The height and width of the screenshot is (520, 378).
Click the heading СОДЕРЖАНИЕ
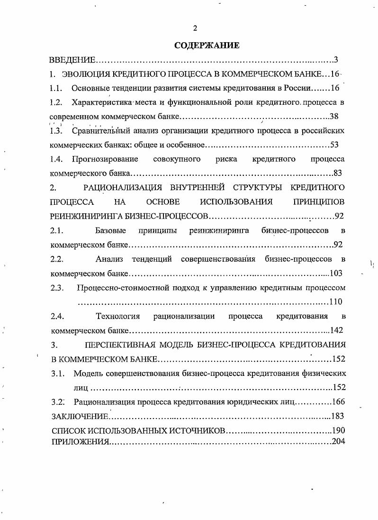(207, 46)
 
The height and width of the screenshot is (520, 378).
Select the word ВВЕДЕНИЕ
(73, 60)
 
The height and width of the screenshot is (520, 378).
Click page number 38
(333, 116)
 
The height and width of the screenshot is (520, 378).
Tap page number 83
(338, 173)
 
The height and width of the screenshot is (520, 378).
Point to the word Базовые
(110, 230)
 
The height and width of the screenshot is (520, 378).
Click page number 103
(335, 273)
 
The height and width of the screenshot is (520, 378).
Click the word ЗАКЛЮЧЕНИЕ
(79, 416)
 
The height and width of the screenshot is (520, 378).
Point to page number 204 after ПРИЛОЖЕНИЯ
(338, 441)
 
